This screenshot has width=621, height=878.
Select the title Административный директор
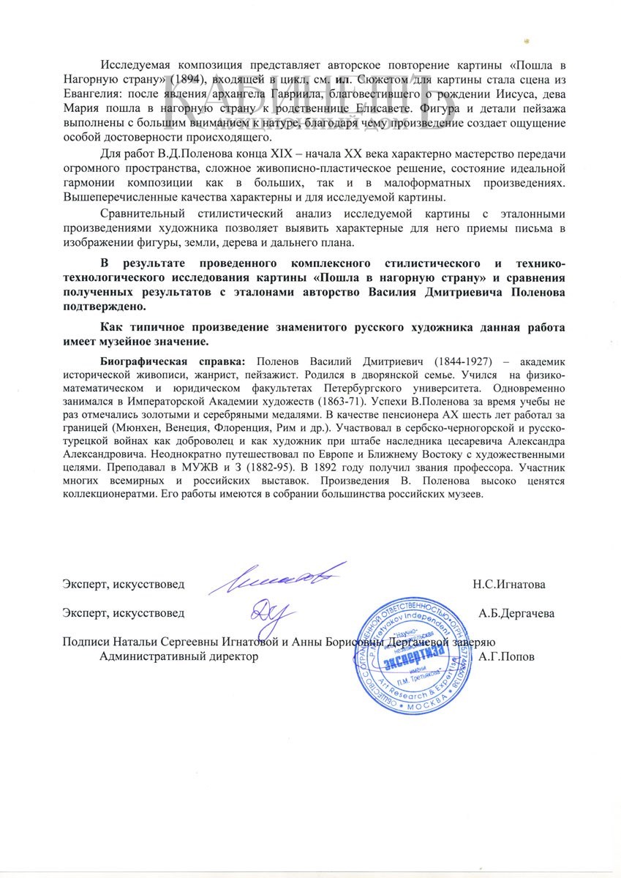pyautogui.click(x=178, y=657)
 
